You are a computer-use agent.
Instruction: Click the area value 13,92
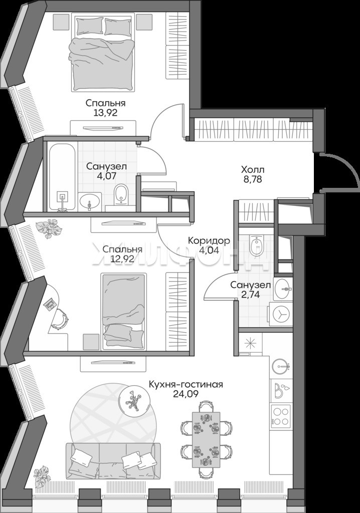pos(105,113)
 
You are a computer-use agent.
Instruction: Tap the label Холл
pos(253,170)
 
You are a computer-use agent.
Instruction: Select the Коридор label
pos(209,241)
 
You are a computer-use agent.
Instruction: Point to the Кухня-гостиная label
pos(186,384)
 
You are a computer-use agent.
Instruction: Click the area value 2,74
pos(250,295)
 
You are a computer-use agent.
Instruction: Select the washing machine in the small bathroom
pos(281,314)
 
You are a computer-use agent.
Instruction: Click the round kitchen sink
pos(281,366)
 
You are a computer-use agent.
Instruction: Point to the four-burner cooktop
pos(281,415)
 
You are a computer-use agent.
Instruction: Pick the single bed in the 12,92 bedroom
pos(123,312)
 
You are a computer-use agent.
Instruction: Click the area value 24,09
pos(186,394)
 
